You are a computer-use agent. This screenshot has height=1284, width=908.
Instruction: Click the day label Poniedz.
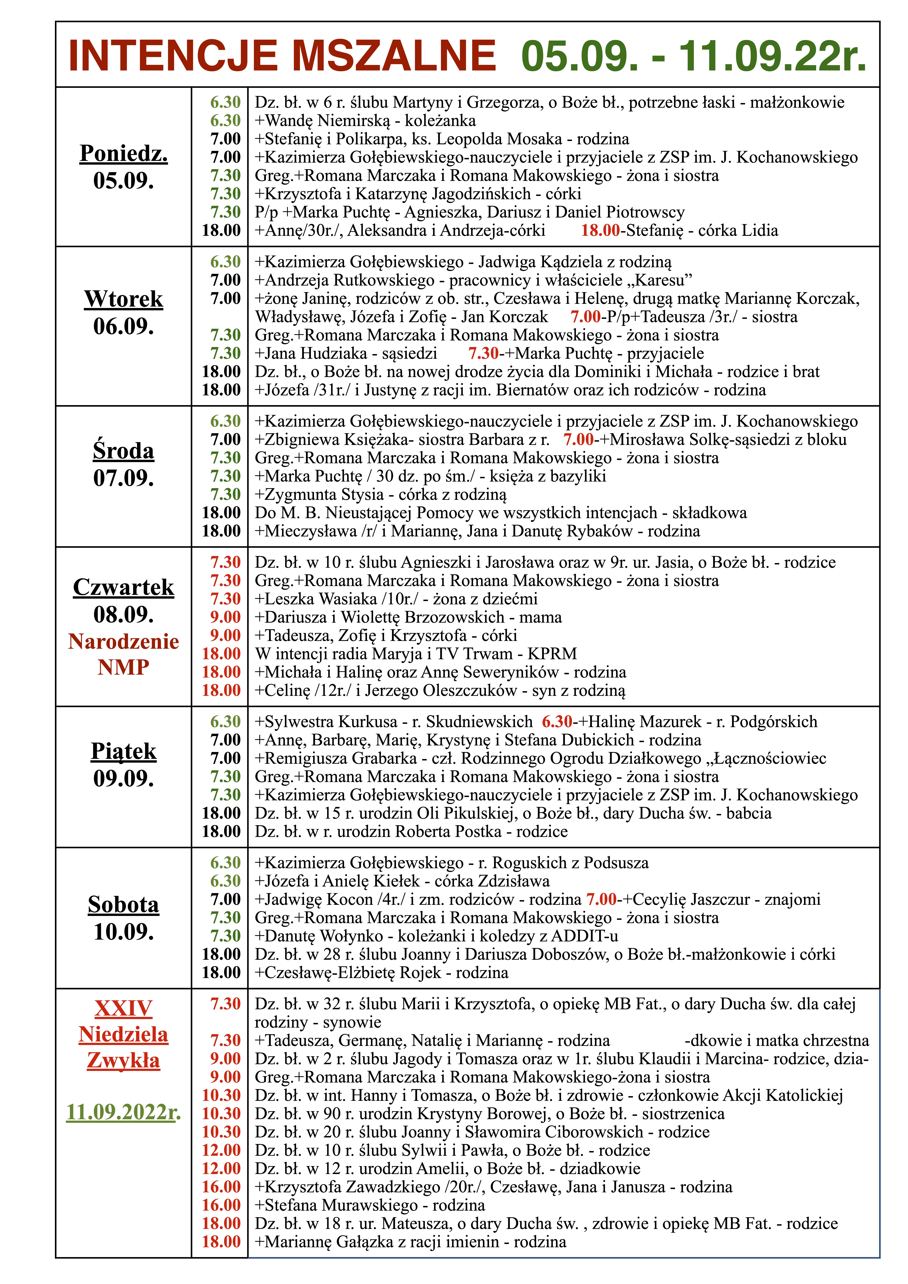click(x=124, y=153)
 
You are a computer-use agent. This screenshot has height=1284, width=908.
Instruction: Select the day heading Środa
click(x=124, y=451)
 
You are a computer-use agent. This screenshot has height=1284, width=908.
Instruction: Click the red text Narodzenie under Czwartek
click(x=124, y=641)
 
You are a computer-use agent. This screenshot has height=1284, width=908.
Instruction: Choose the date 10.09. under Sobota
click(x=124, y=932)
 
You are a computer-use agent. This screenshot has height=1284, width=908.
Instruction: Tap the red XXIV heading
click(x=124, y=1008)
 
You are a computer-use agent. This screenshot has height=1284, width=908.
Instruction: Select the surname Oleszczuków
click(x=470, y=691)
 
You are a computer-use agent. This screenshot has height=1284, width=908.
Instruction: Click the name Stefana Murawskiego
click(x=341, y=1205)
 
